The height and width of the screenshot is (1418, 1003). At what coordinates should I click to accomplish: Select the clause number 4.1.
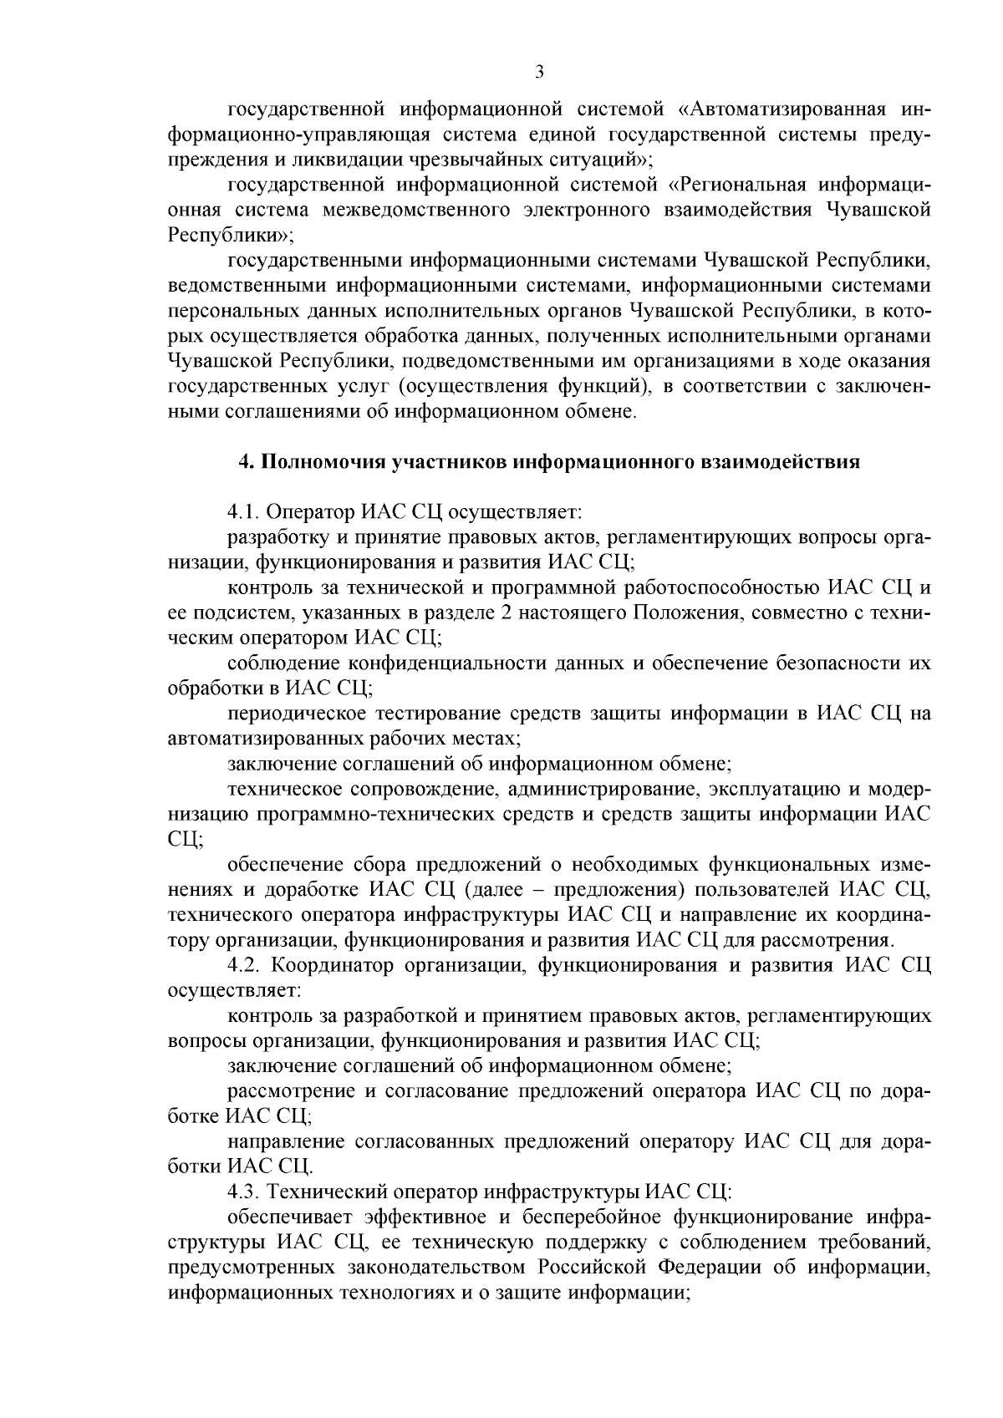[242, 511]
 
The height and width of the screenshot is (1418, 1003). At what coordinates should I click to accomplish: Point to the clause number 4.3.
[242, 1192]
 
